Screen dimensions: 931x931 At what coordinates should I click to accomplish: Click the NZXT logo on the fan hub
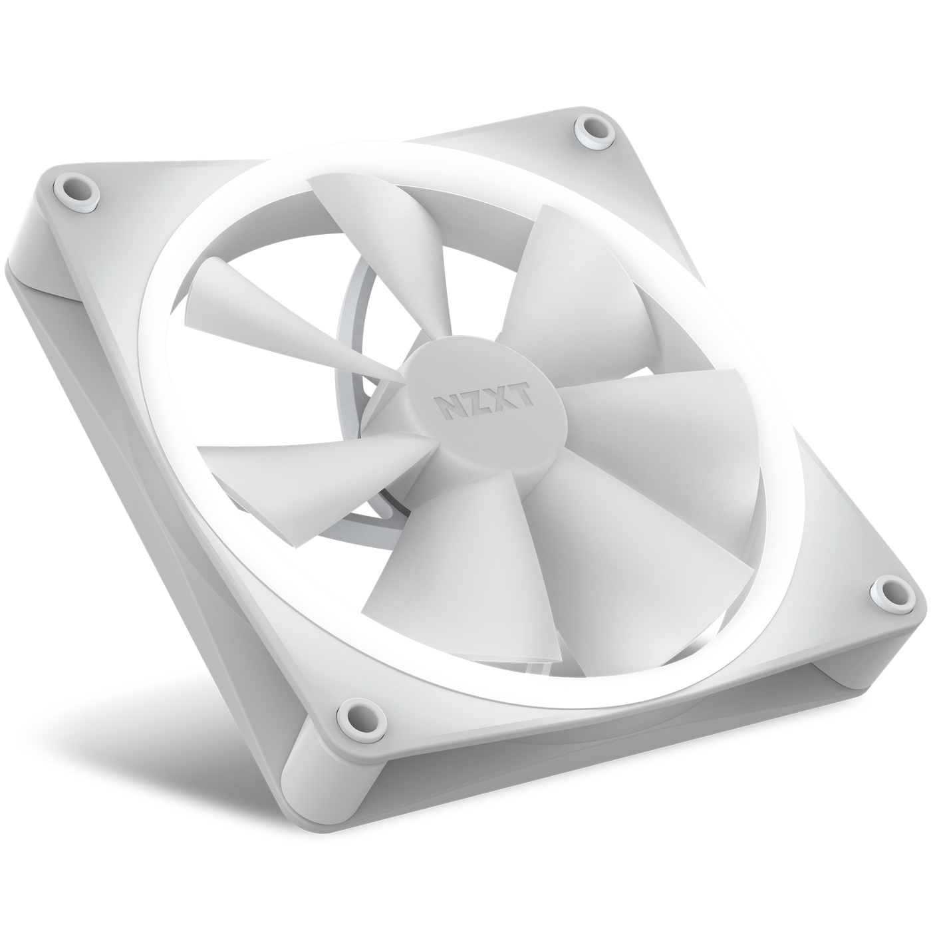(x=483, y=400)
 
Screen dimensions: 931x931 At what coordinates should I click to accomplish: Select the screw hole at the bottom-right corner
(x=886, y=591)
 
